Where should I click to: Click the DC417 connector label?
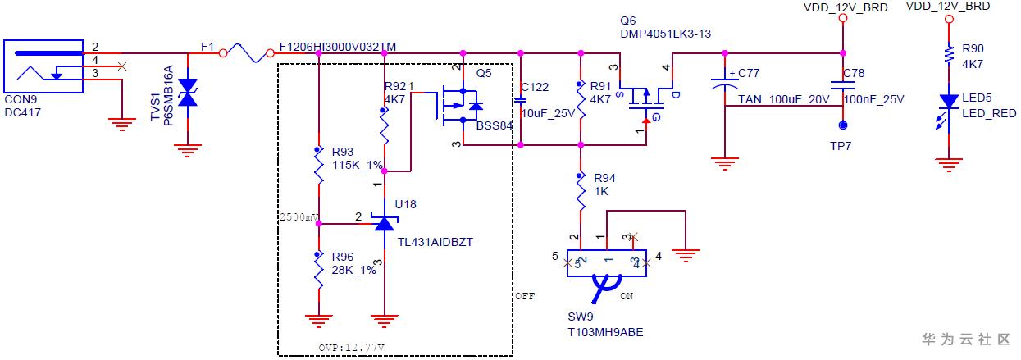click(x=22, y=112)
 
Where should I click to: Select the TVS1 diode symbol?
click(x=187, y=92)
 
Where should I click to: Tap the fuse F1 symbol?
click(x=246, y=53)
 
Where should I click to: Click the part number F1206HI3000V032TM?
click(x=337, y=47)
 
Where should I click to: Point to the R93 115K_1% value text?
click(x=357, y=165)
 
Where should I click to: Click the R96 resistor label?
click(x=342, y=257)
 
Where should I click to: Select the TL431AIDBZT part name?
click(x=435, y=242)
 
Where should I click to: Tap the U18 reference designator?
click(x=405, y=204)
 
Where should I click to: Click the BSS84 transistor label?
click(x=495, y=125)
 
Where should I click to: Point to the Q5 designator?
click(x=484, y=73)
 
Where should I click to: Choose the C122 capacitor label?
click(x=535, y=87)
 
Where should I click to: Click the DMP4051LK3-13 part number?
click(x=665, y=34)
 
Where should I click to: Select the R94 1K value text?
click(x=601, y=191)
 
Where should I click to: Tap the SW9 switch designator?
click(x=581, y=317)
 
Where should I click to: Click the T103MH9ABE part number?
click(x=605, y=332)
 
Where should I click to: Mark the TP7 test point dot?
click(x=843, y=125)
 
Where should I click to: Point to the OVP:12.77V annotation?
click(x=351, y=348)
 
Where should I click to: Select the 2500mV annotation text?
click(x=299, y=217)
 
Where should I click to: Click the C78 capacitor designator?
click(x=853, y=73)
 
